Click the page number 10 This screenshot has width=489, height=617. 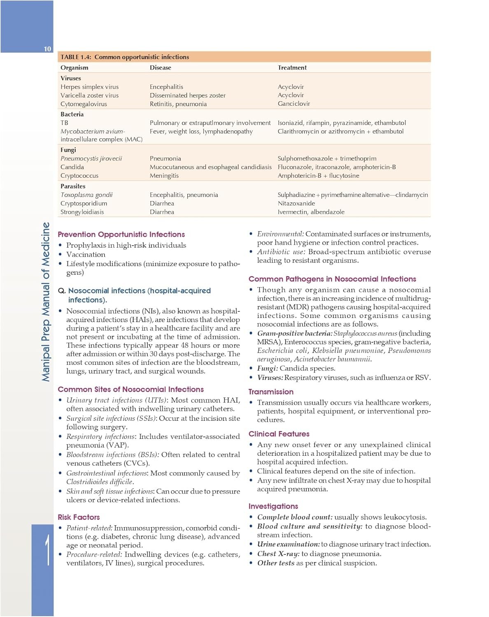tap(47, 49)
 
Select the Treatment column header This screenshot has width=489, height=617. tap(292, 67)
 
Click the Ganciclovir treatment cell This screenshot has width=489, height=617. tap(293, 104)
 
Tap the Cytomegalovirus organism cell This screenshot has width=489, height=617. tap(84, 104)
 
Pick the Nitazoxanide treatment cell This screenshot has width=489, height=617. tap(296, 203)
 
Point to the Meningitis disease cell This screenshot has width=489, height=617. tap(164, 176)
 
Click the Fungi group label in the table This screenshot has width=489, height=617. tap(68, 150)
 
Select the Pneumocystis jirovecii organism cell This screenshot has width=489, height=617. tap(91, 158)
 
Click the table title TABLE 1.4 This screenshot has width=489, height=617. tap(125, 57)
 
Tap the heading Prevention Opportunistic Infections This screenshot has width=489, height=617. tap(121, 234)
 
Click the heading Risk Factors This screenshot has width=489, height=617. tap(79, 517)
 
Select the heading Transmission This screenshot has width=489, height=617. tap(271, 392)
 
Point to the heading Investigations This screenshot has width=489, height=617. tap(273, 506)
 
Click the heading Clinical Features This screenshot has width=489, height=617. tap(279, 434)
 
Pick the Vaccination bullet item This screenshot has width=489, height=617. tap(86, 255)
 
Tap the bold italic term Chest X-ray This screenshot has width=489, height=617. tap(278, 554)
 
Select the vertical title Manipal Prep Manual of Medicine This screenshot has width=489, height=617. tap(46, 302)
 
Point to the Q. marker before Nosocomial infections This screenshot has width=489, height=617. tap(62, 291)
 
